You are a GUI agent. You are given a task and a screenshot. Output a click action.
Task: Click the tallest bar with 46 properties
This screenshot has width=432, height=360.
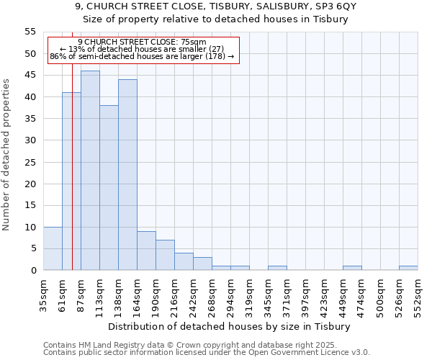(90, 171)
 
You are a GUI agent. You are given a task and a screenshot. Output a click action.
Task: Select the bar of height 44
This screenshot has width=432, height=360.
(127, 175)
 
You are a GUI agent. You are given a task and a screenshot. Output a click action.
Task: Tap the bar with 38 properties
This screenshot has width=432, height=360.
(109, 188)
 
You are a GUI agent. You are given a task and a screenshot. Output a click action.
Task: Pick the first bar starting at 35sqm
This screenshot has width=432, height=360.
(53, 248)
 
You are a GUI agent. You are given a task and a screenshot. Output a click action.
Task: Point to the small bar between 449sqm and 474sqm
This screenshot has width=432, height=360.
(352, 268)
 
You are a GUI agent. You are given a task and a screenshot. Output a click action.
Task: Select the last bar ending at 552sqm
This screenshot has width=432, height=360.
(408, 268)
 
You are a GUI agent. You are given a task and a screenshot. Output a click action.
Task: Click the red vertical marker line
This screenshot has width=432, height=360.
(73, 180)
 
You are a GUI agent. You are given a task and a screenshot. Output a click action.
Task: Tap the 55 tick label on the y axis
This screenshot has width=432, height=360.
(30, 32)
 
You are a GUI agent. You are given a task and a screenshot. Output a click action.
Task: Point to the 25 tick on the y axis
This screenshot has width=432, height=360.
(30, 162)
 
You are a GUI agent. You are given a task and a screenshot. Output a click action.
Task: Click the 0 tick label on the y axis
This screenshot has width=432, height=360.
(33, 270)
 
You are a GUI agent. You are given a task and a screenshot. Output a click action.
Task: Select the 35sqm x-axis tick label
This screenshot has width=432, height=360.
(43, 294)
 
